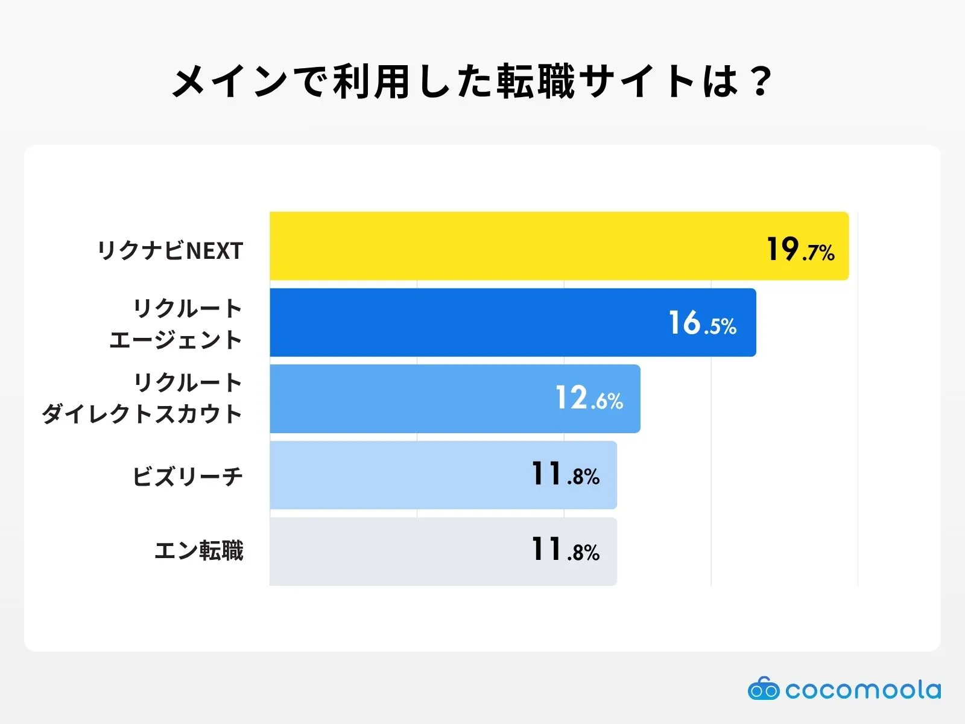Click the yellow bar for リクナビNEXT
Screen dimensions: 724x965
pos(513,246)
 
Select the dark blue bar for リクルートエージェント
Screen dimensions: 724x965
pos(470,322)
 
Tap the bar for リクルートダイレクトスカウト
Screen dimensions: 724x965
pos(410,398)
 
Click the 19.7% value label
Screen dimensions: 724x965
pos(800,250)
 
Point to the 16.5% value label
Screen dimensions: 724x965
pos(702,323)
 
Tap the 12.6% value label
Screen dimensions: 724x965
pos(589,399)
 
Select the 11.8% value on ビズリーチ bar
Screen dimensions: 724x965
pos(565,475)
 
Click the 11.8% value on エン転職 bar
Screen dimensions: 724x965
pos(565,551)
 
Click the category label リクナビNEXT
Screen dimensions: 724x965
pos(170,250)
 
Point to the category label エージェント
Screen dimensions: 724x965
pos(176,340)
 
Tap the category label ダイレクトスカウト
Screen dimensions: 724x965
pos(142,414)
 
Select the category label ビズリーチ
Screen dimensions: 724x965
pos(188,477)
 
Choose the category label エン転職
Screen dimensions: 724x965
pos(199,551)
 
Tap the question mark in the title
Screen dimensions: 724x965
pos(762,82)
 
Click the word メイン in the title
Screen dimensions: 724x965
pos(229,82)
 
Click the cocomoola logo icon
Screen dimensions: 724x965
pos(764,689)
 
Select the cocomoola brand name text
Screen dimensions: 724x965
pos(862,690)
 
